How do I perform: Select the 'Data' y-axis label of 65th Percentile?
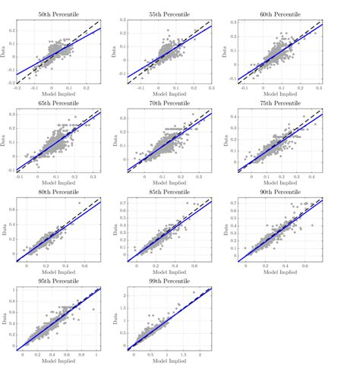[6, 141]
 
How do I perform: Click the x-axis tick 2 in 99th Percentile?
[200, 354]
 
